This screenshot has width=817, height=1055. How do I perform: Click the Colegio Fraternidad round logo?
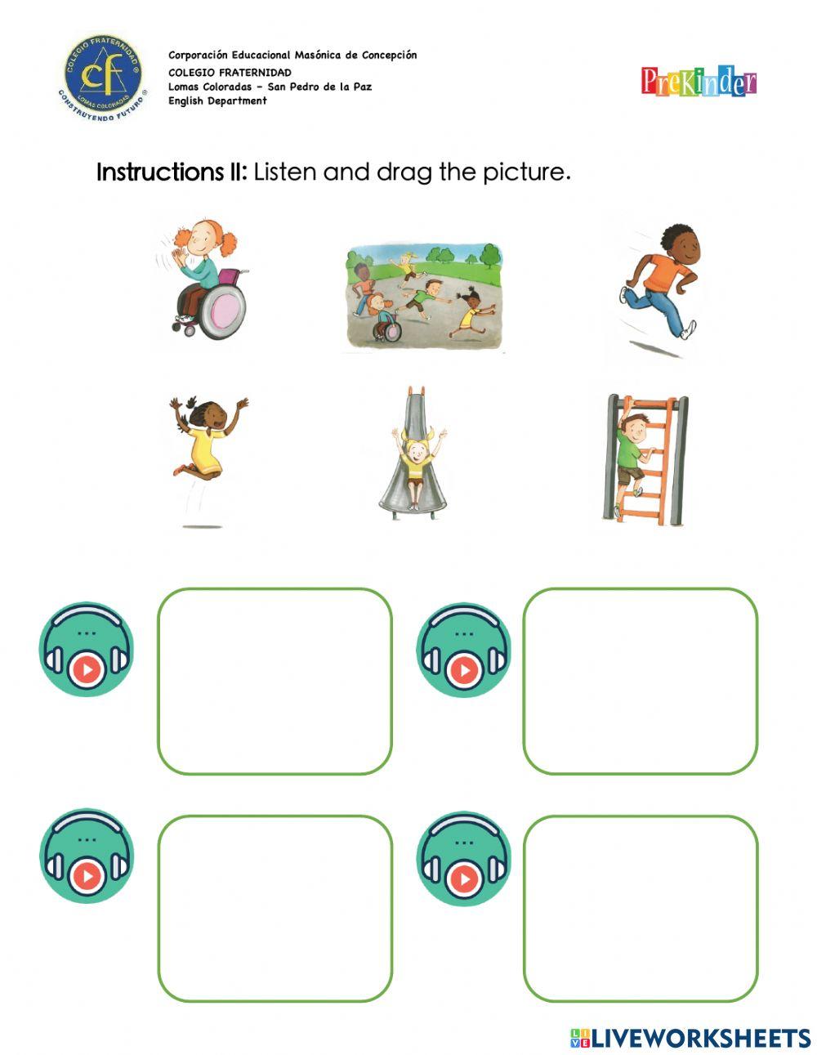(x=102, y=78)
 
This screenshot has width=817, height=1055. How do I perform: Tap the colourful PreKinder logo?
(x=699, y=82)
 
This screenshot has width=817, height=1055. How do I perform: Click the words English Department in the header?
(x=217, y=101)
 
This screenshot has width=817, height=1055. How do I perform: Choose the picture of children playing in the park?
(x=422, y=296)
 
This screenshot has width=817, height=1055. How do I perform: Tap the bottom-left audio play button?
(x=87, y=876)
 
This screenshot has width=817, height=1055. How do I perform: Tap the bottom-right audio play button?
(x=464, y=878)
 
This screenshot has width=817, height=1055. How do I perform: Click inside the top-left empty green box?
(x=275, y=681)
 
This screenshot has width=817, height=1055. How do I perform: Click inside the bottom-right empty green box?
(x=640, y=908)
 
